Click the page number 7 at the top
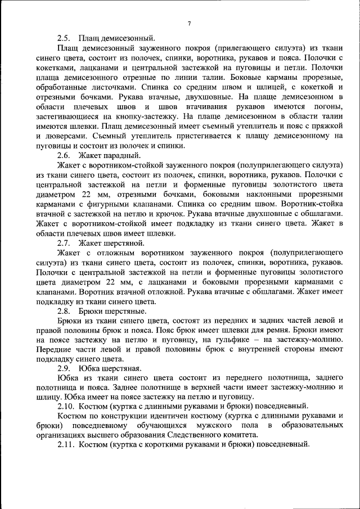pos(189,24)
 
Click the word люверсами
pos(67,136)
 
